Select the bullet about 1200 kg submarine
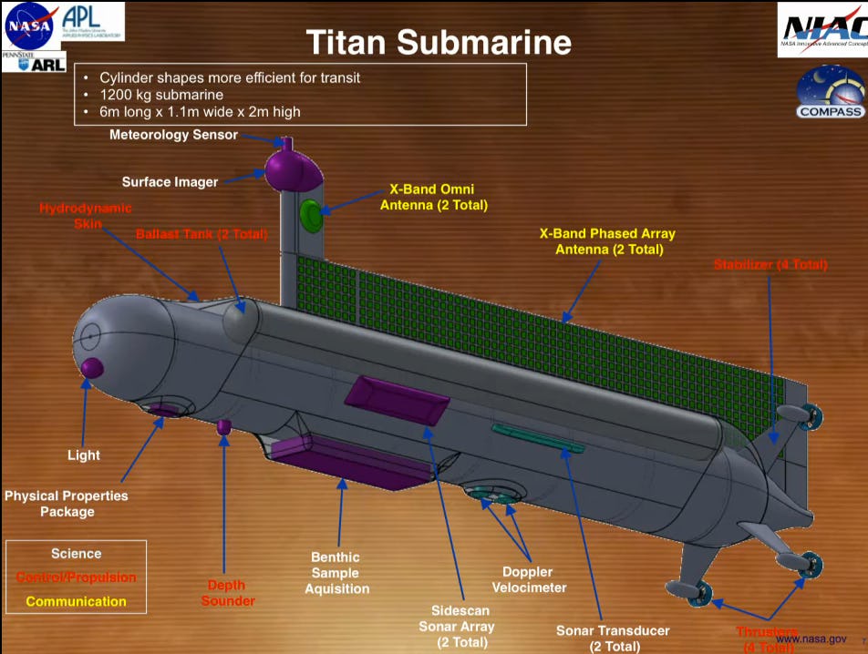pyautogui.click(x=161, y=95)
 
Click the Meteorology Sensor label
pyautogui.click(x=173, y=135)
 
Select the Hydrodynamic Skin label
pyautogui.click(x=72, y=215)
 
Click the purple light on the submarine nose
pyautogui.click(x=92, y=368)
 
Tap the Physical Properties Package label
pyautogui.click(x=67, y=504)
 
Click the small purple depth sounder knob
pyautogui.click(x=223, y=425)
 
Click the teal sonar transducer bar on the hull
pyautogui.click(x=538, y=437)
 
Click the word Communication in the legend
pyautogui.click(x=76, y=601)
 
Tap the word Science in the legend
pyautogui.click(x=76, y=554)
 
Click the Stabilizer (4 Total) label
pyautogui.click(x=770, y=265)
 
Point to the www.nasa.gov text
pyautogui.click(x=811, y=639)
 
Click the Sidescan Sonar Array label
pyautogui.click(x=456, y=626)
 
